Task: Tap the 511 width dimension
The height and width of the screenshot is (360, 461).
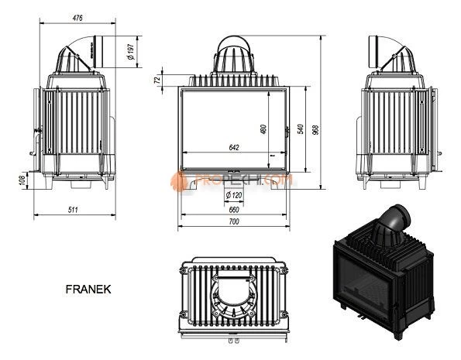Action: click(x=74, y=210)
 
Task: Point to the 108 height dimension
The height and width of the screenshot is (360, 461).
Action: click(x=22, y=181)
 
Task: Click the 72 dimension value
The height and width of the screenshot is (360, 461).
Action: click(x=158, y=79)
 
